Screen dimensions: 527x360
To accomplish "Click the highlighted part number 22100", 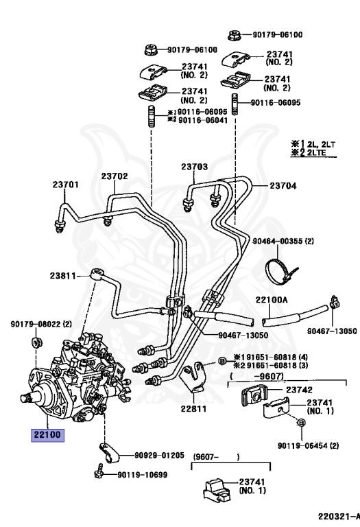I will click(45, 435).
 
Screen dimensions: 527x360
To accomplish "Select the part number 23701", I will click(65, 184).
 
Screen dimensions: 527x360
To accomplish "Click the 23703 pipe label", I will click(194, 167).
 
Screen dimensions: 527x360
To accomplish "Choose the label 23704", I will click(283, 185).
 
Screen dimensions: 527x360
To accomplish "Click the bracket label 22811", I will click(193, 409).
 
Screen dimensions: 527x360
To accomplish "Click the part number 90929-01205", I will click(159, 455).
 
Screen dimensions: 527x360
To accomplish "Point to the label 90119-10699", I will click(142, 474).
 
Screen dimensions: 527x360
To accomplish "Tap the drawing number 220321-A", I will click(337, 515).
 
